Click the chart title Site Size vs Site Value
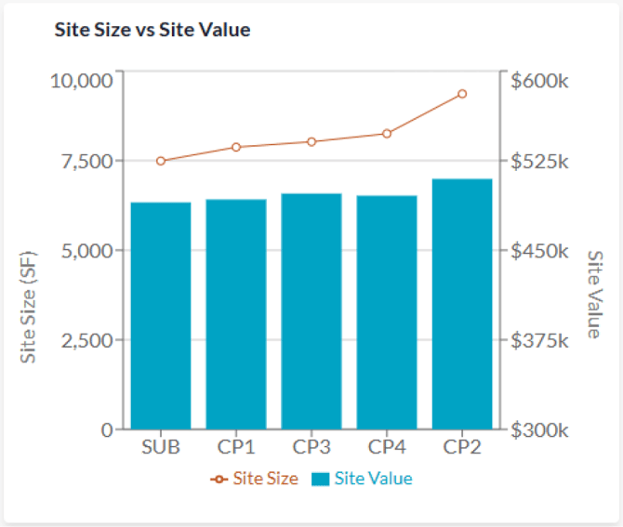click(x=153, y=30)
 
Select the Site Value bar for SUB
click(x=161, y=316)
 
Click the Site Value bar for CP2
click(x=462, y=304)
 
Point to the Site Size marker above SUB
click(x=161, y=161)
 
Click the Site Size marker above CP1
click(x=236, y=147)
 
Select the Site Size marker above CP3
click(x=311, y=141)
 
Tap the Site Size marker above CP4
click(x=387, y=134)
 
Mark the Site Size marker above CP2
click(x=462, y=94)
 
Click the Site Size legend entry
click(x=255, y=479)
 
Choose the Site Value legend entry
click(x=362, y=479)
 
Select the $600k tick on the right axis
click(x=539, y=81)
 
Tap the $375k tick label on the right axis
click(x=539, y=340)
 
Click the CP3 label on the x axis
click(x=311, y=447)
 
